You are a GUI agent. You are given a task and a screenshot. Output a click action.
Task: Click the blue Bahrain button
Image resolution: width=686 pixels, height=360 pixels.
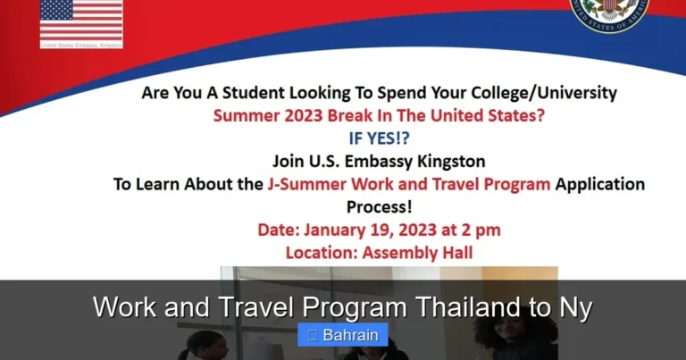(x=343, y=336)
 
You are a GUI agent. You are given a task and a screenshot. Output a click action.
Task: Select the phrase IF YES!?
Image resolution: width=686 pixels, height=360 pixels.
(x=379, y=138)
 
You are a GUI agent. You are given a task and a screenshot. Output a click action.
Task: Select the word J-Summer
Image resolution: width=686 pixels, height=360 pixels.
(x=309, y=185)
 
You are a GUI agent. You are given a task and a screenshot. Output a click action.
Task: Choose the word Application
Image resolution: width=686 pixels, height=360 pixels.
(x=600, y=185)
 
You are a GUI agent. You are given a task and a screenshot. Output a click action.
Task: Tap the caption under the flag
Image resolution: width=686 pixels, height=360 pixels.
(x=80, y=45)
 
